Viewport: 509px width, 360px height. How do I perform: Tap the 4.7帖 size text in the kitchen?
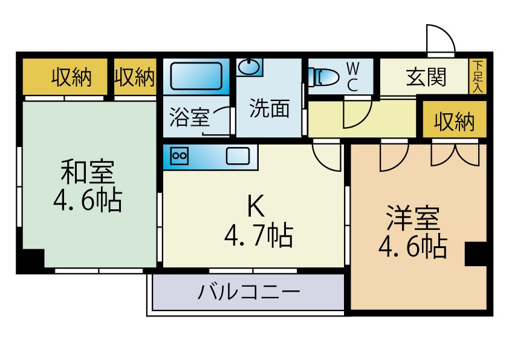click(258, 234)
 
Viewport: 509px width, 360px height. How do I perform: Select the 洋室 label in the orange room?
click(412, 217)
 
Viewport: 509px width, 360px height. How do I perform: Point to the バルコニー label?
click(248, 293)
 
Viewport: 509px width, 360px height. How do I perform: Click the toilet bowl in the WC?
click(326, 77)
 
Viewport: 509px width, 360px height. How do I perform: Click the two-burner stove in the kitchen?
click(180, 156)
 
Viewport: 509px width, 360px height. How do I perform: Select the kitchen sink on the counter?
click(237, 156)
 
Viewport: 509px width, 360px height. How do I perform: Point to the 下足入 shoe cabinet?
click(478, 76)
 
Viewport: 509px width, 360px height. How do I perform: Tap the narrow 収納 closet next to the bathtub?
click(135, 77)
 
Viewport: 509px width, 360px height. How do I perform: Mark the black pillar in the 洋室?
click(475, 254)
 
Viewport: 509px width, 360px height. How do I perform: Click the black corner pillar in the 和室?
click(30, 261)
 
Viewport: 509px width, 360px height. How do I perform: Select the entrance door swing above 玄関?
click(441, 40)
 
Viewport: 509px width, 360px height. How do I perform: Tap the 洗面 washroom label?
click(269, 108)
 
